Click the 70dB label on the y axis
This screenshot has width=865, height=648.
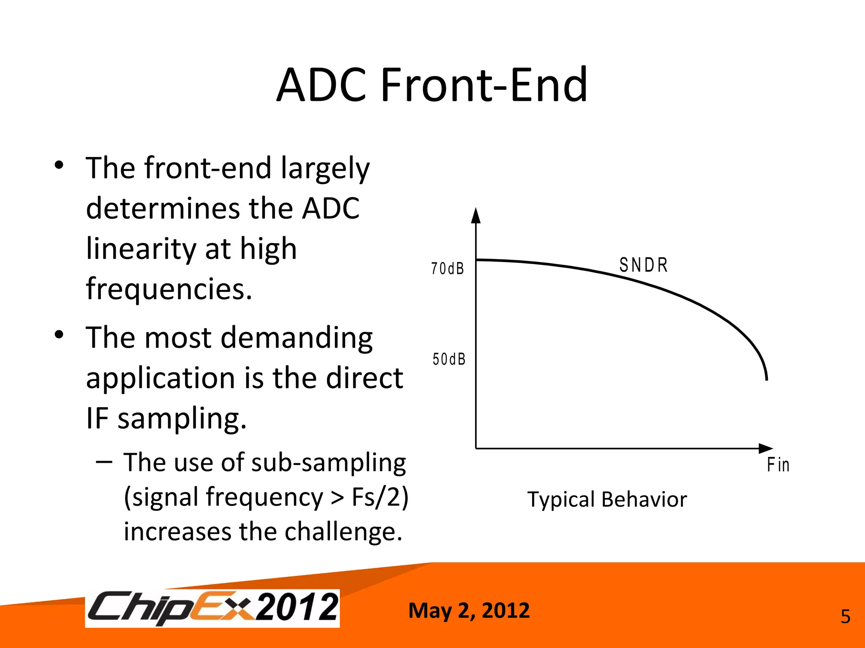point(447,269)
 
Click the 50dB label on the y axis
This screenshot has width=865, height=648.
point(449,359)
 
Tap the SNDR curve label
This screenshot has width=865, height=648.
point(643,265)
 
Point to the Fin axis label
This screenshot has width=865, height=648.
point(778,465)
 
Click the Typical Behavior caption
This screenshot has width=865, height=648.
point(607,499)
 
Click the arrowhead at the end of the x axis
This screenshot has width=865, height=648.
point(765,448)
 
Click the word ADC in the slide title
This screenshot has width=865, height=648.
point(321,85)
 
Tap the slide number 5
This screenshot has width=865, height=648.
point(845,617)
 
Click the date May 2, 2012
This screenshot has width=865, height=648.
point(469,610)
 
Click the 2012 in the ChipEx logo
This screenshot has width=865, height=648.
point(297,607)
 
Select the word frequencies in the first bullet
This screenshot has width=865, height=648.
point(169,289)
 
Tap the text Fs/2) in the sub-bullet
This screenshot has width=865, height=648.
point(380,497)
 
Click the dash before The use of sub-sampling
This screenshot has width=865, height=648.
point(104,462)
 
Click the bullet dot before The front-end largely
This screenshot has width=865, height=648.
point(59,165)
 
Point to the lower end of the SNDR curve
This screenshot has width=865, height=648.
point(767,379)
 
